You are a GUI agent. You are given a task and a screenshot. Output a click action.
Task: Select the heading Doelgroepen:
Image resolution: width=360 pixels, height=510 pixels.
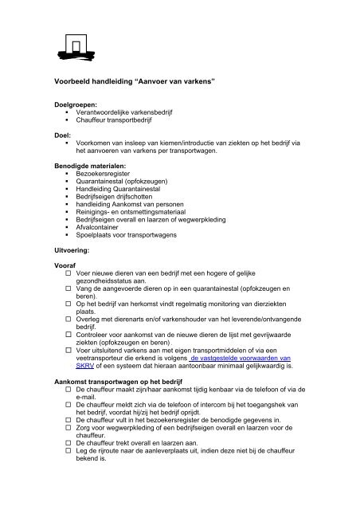76,104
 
